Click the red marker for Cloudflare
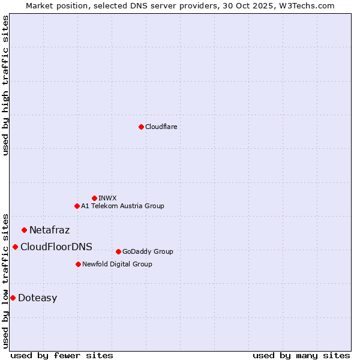coord(141,127)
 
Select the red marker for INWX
coord(94,198)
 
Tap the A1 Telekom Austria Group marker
coord(77,206)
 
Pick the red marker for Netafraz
coord(24,230)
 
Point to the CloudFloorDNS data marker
coord(15,247)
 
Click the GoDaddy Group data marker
coord(118,251)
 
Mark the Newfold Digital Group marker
coord(78,264)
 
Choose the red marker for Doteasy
coord(13,298)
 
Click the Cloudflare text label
coord(161,127)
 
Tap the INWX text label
coord(107,198)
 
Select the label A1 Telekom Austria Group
coord(122,206)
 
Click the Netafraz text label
coord(49,230)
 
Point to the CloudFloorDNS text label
coord(56,247)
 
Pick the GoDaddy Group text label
coord(148,251)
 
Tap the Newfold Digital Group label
coord(117,264)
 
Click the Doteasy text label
coord(37,298)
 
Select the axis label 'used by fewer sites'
coord(62,355)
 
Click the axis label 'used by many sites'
coord(301,355)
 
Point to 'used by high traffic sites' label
coord(5,85)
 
